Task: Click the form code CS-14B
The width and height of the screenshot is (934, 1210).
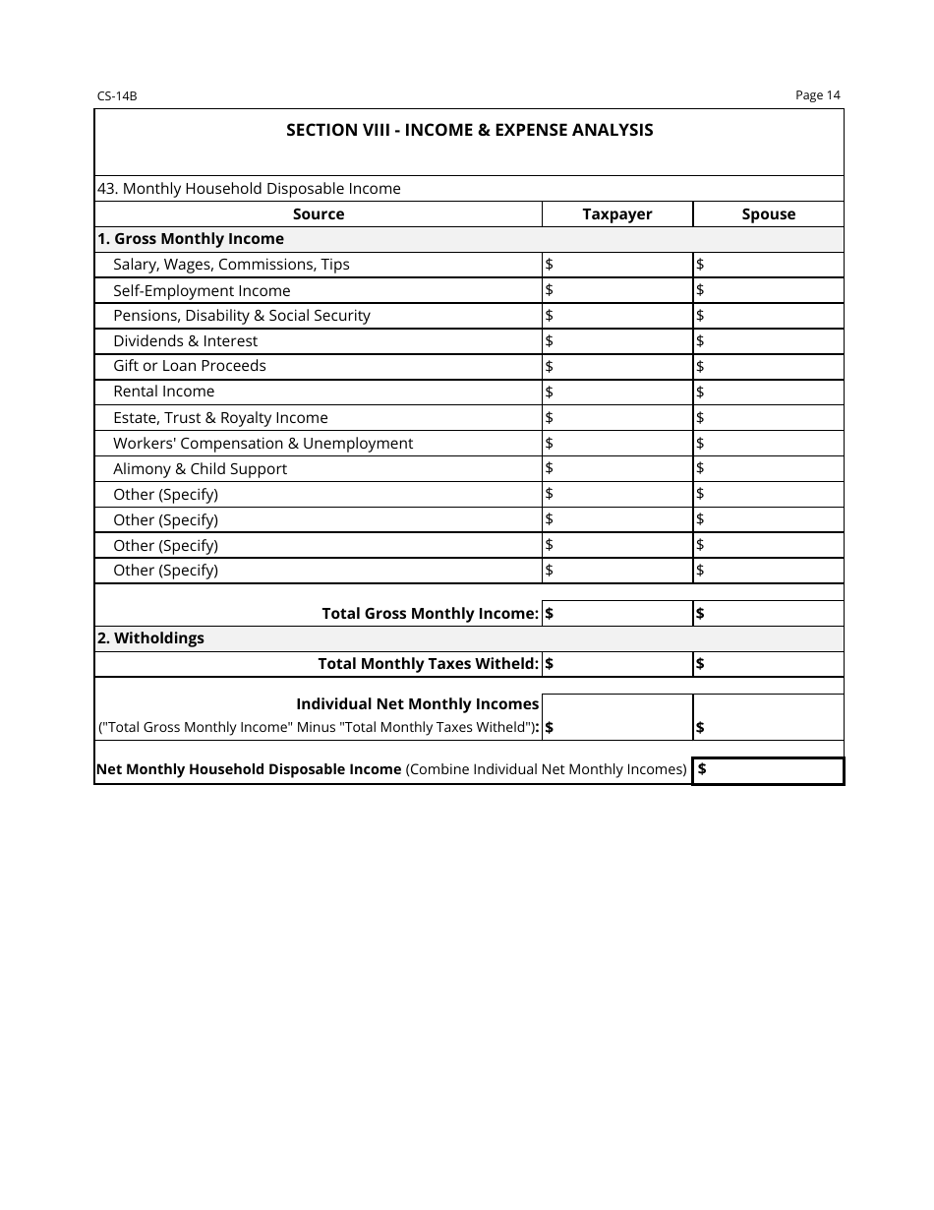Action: (116, 96)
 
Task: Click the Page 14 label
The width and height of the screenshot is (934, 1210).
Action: (818, 95)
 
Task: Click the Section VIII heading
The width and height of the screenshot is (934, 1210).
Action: (469, 130)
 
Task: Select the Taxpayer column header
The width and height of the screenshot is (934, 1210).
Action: (616, 214)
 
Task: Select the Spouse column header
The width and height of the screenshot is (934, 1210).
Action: (768, 214)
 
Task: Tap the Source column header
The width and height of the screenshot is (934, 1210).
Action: (319, 214)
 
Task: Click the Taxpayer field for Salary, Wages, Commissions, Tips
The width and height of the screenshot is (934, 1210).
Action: (617, 265)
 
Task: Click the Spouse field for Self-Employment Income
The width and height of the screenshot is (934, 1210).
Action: (768, 290)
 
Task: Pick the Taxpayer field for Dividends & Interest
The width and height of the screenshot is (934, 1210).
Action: (617, 341)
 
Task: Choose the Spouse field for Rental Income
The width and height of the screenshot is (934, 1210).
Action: (768, 392)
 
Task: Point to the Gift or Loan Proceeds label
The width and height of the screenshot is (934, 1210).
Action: (190, 366)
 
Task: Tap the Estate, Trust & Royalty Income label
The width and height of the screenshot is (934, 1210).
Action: (220, 418)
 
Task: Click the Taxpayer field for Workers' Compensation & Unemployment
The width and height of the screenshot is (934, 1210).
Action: (617, 444)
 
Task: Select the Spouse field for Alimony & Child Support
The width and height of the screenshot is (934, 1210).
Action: (768, 468)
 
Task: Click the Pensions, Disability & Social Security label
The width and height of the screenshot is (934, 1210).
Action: (242, 316)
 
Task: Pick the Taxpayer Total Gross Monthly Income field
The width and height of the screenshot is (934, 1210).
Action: (617, 614)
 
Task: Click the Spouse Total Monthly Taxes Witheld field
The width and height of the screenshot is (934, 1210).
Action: (768, 664)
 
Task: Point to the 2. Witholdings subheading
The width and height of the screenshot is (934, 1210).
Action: (150, 638)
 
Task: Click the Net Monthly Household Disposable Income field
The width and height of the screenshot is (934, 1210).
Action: (768, 770)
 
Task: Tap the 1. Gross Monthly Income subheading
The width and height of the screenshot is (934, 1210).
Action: (190, 239)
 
